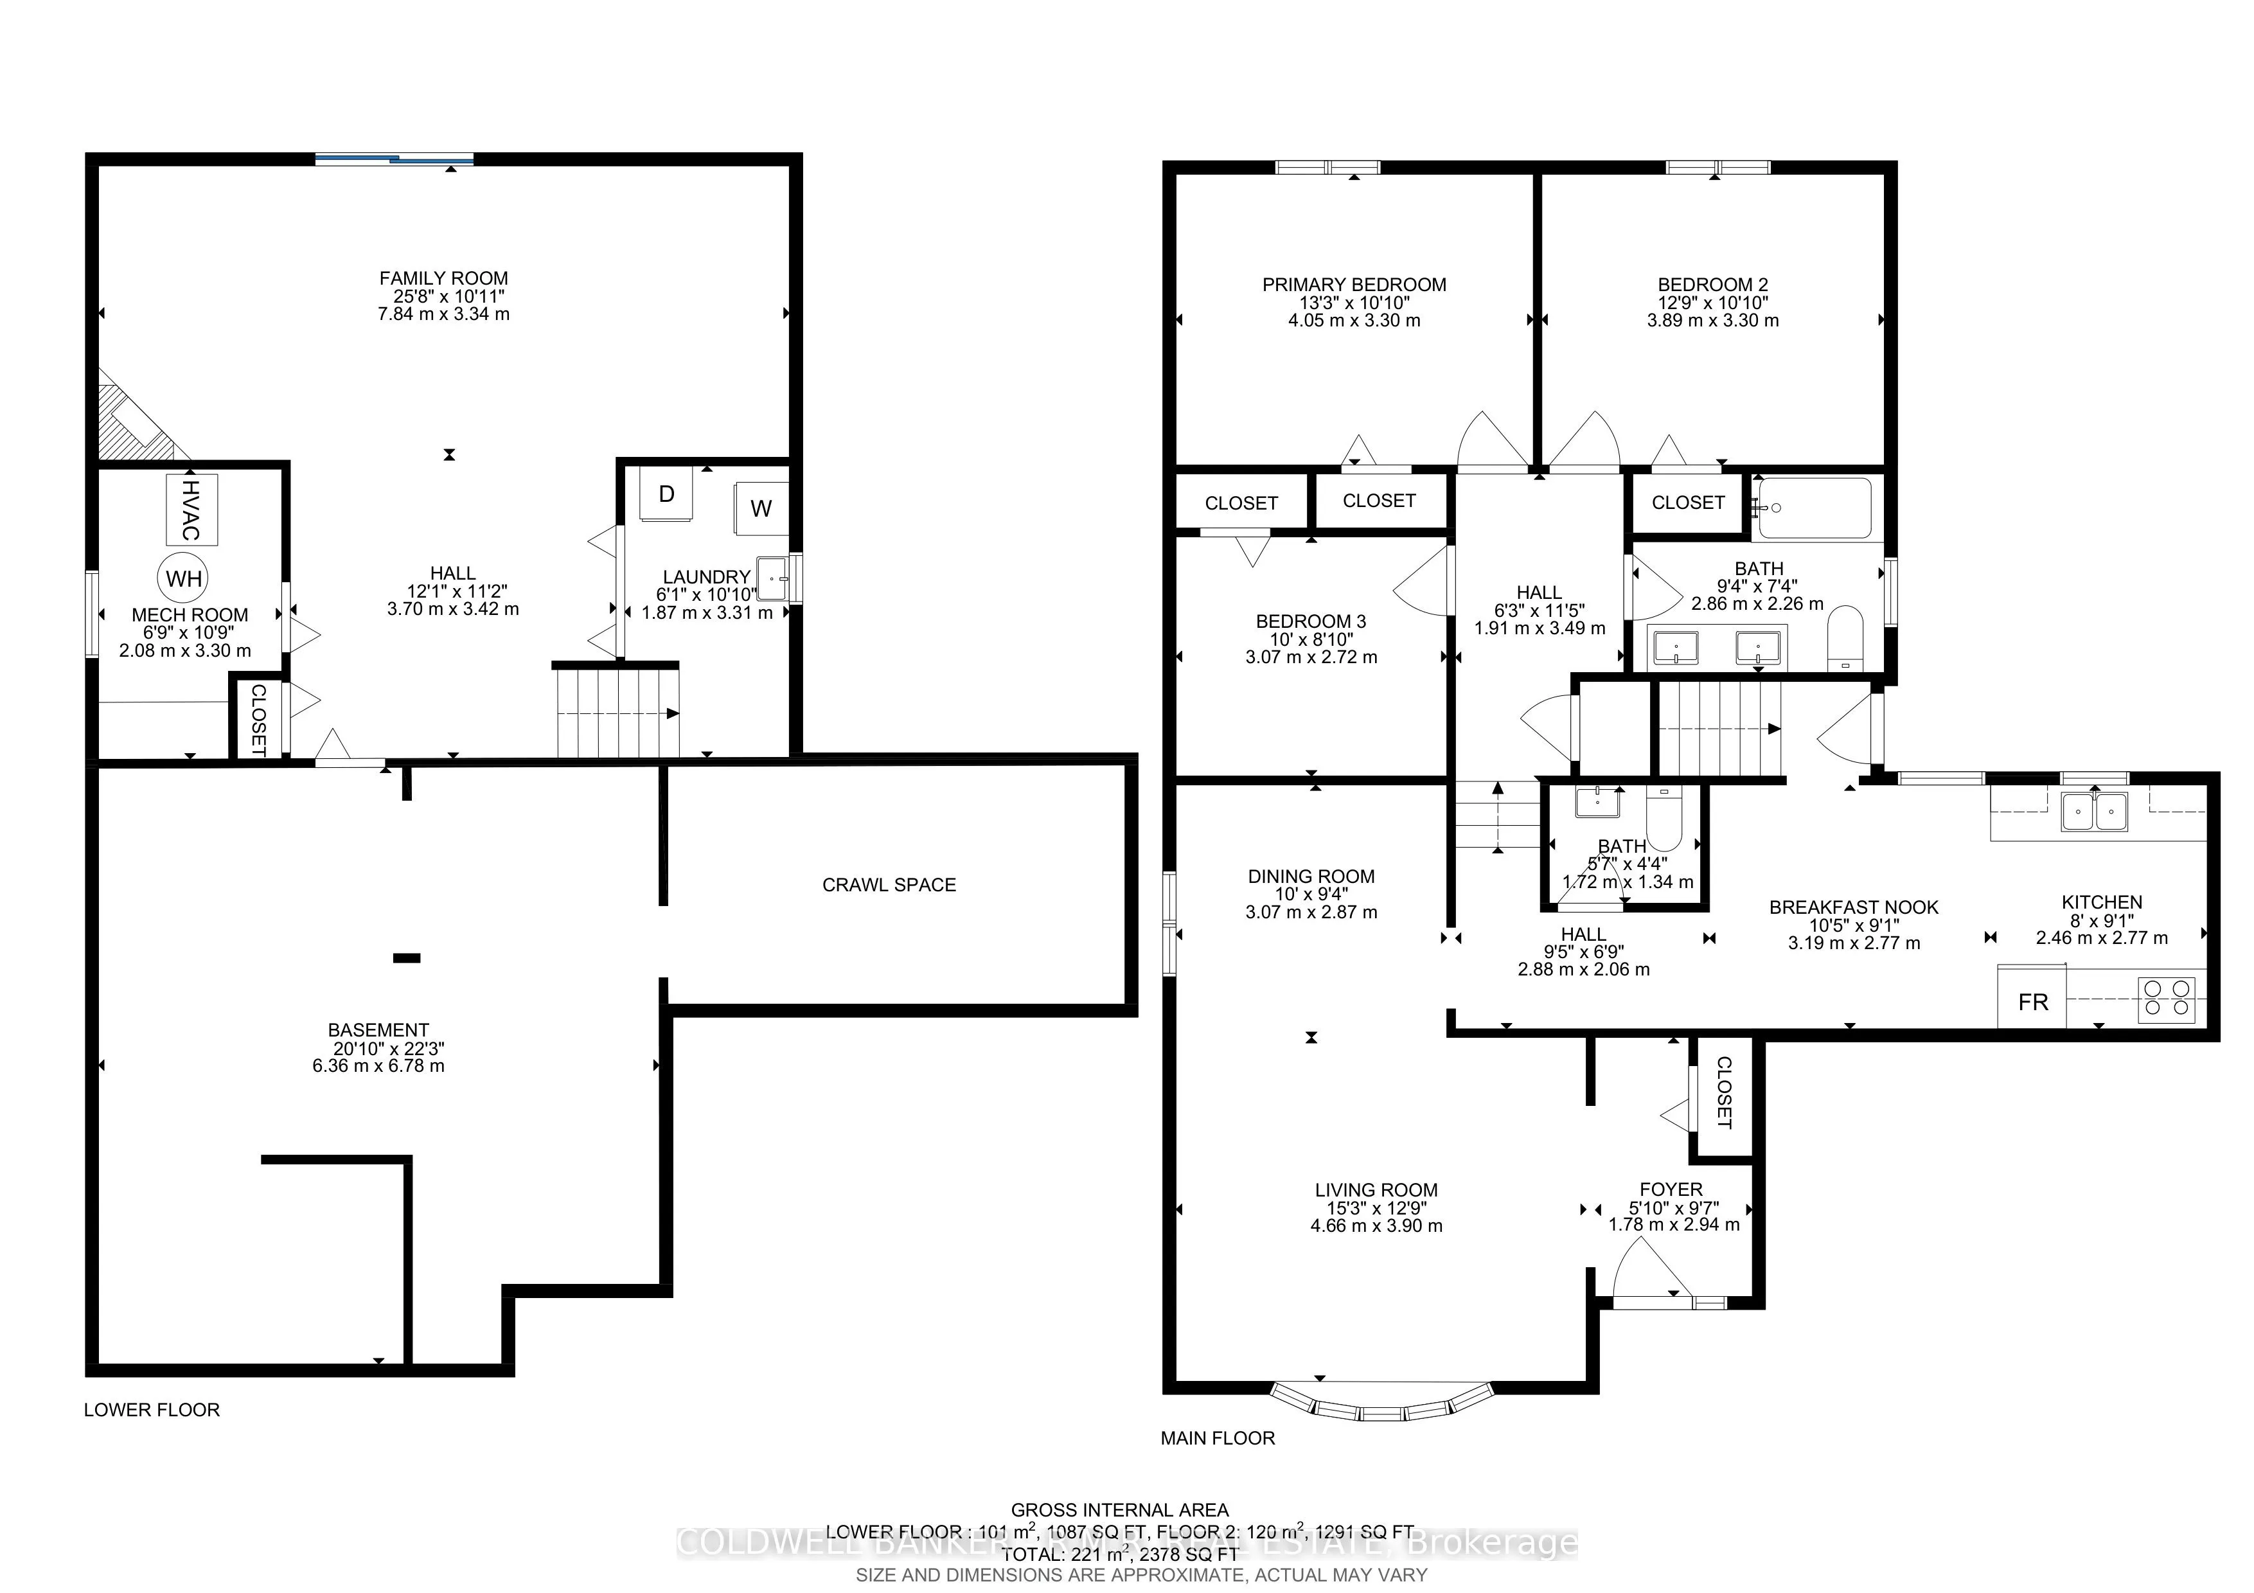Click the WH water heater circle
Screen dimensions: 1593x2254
point(184,578)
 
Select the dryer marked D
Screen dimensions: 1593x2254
point(666,494)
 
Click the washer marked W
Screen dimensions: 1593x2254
point(761,508)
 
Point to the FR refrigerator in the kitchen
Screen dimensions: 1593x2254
point(2032,1002)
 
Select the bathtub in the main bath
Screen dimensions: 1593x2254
point(1815,508)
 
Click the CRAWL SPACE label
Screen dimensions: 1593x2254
point(889,884)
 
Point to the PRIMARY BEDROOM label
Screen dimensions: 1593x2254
point(1354,285)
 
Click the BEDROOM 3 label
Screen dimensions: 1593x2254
point(1311,621)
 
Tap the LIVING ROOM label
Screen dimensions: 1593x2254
point(1376,1189)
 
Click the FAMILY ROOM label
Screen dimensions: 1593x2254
point(444,278)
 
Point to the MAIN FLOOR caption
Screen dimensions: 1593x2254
point(1218,1438)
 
